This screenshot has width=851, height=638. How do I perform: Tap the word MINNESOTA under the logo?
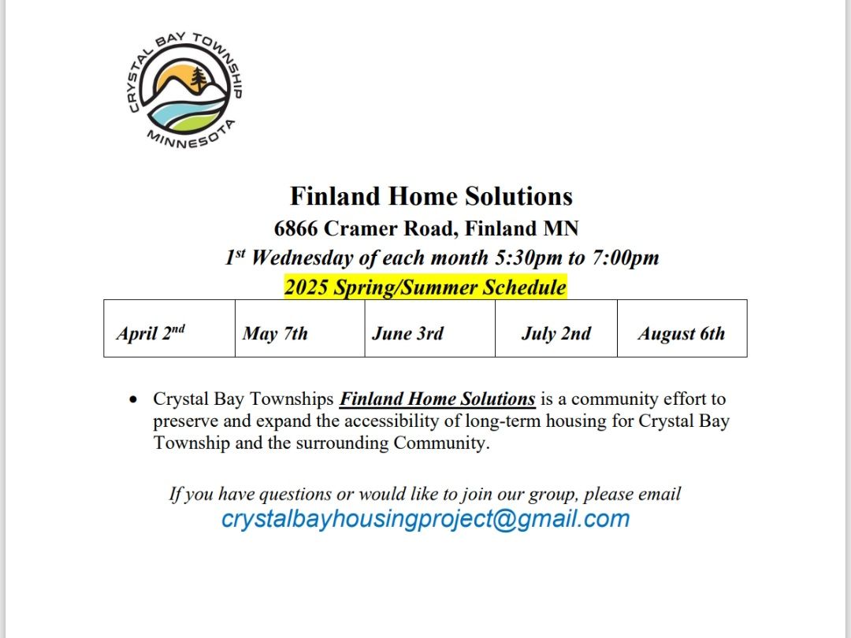[x=191, y=135]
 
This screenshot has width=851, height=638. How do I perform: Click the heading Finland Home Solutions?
[x=432, y=196]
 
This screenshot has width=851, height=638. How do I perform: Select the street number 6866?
[x=295, y=228]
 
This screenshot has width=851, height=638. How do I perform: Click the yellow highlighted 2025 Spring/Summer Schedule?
[x=425, y=287]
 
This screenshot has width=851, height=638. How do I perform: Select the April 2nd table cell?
[x=169, y=328]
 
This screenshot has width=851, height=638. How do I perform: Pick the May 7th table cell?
[x=300, y=328]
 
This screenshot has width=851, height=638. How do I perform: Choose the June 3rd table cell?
[x=430, y=328]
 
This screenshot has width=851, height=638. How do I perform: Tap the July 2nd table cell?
[x=556, y=328]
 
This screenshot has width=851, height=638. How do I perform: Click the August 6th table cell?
[x=682, y=328]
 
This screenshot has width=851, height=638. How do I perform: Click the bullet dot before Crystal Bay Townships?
[x=133, y=400]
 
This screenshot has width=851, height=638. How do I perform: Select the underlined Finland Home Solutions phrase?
[x=437, y=399]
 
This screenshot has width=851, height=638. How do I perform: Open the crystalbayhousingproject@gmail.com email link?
[x=425, y=519]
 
